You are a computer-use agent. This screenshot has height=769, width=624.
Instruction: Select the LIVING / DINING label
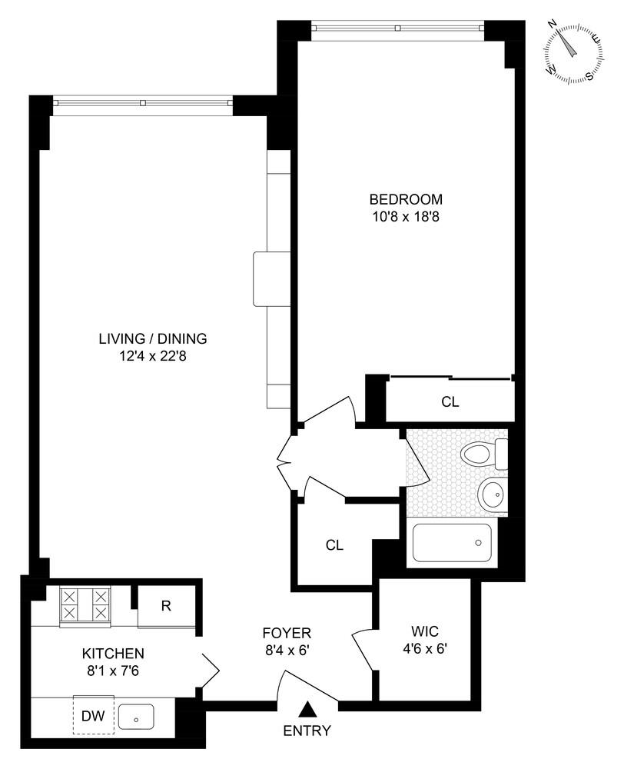[153, 338]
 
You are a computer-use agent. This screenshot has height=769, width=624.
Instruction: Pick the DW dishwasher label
[94, 717]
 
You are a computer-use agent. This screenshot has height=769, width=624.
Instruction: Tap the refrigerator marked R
[166, 605]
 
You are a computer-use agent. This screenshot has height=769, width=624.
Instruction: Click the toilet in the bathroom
[482, 454]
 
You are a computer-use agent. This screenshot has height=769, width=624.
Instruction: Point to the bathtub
[452, 542]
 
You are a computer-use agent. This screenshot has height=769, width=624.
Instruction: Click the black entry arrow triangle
[307, 709]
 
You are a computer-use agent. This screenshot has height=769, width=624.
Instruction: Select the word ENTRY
[307, 731]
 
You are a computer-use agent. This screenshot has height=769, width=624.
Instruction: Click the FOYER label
[287, 633]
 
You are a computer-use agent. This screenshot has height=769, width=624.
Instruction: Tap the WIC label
[420, 631]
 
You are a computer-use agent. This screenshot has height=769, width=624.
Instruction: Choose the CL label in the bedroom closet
[450, 401]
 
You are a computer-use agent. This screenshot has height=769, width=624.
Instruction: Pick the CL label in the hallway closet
[334, 545]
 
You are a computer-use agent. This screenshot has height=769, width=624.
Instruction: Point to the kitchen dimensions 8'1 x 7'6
[113, 671]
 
